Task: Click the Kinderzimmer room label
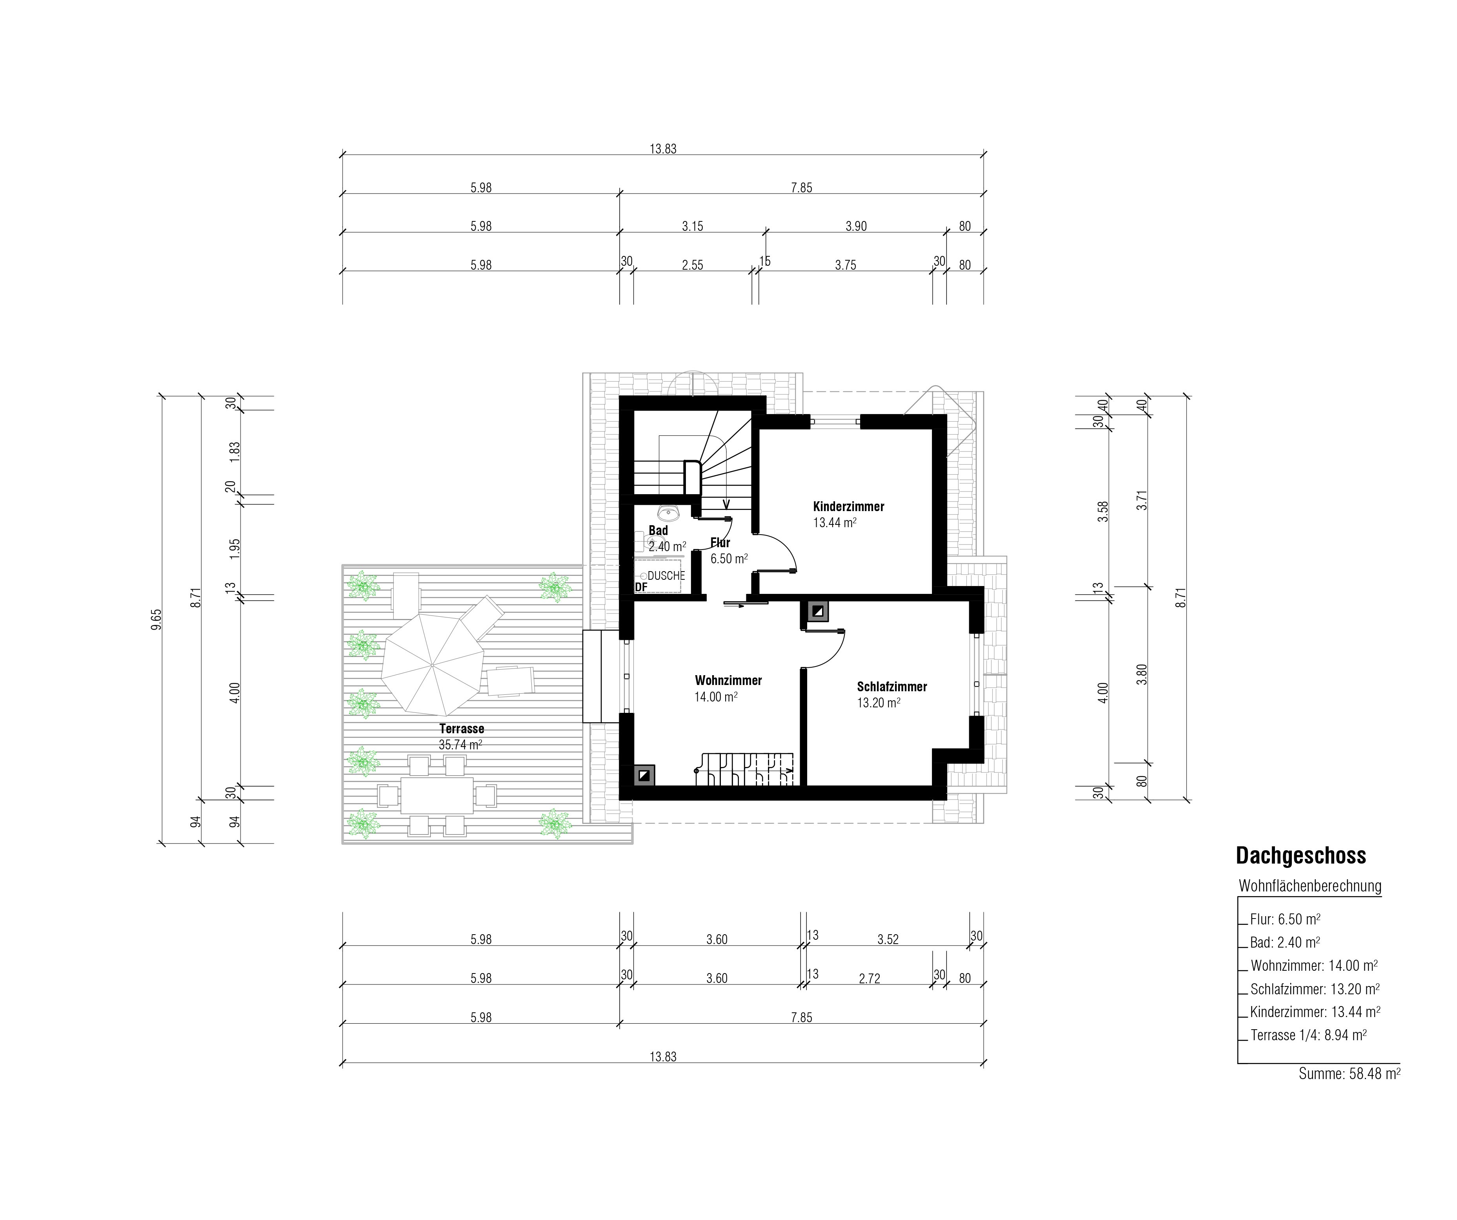pyautogui.click(x=848, y=507)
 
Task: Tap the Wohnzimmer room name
pyautogui.click(x=728, y=681)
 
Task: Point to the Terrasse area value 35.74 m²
pyautogui.click(x=461, y=745)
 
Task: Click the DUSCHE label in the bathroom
pyautogui.click(x=666, y=576)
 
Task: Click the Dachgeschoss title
pyautogui.click(x=1301, y=856)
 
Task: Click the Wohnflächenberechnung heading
pyautogui.click(x=1310, y=886)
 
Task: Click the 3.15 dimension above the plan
pyautogui.click(x=693, y=226)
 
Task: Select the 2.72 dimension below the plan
pyautogui.click(x=869, y=979)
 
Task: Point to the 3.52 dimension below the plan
pyautogui.click(x=888, y=940)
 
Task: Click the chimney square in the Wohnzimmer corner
pyautogui.click(x=645, y=774)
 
